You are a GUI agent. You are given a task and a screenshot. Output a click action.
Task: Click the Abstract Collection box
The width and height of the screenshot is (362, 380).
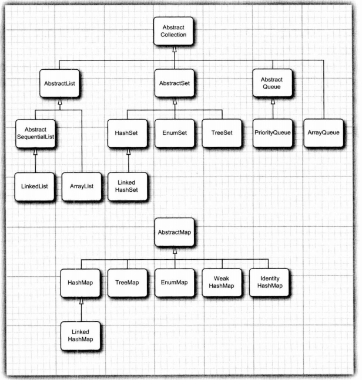coord(174,32)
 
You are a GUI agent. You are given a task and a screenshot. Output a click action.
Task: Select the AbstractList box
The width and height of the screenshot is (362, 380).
coord(59,83)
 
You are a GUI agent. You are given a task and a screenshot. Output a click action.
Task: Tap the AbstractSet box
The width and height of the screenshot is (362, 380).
coord(174,83)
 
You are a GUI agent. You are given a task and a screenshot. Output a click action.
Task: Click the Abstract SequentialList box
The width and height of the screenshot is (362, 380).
coord(35,133)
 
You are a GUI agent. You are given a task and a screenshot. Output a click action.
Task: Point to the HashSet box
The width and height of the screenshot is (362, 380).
coord(126,133)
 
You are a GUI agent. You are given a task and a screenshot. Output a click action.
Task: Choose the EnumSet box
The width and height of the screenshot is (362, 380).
coord(174,133)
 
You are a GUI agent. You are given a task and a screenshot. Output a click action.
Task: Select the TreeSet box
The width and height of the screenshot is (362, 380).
coord(222,133)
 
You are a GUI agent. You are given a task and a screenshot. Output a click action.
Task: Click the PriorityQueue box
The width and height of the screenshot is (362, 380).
coord(271,133)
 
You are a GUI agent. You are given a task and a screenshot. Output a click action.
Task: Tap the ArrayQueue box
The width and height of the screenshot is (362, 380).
coord(323,133)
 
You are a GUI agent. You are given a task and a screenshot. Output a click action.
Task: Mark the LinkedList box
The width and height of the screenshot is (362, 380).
coord(35,186)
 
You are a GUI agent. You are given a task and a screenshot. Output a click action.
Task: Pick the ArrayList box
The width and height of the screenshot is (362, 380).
coord(82,186)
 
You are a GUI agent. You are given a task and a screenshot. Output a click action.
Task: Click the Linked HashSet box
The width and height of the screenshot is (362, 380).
coord(126,186)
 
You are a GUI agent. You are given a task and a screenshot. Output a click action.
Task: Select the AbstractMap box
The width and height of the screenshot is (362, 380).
coord(174,232)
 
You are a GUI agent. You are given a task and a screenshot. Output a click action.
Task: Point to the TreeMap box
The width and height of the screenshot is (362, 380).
coord(126,283)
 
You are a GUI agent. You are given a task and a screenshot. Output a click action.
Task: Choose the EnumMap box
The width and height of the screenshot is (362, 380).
coord(174,283)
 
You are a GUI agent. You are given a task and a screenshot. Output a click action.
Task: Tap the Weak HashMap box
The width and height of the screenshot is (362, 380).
coord(222,283)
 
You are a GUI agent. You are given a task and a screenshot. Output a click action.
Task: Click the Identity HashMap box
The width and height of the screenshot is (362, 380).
coord(270,283)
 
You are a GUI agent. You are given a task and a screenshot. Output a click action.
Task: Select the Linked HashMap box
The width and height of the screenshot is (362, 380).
coord(81,335)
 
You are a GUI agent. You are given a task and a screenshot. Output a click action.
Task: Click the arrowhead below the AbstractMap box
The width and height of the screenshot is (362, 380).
coord(174,250)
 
